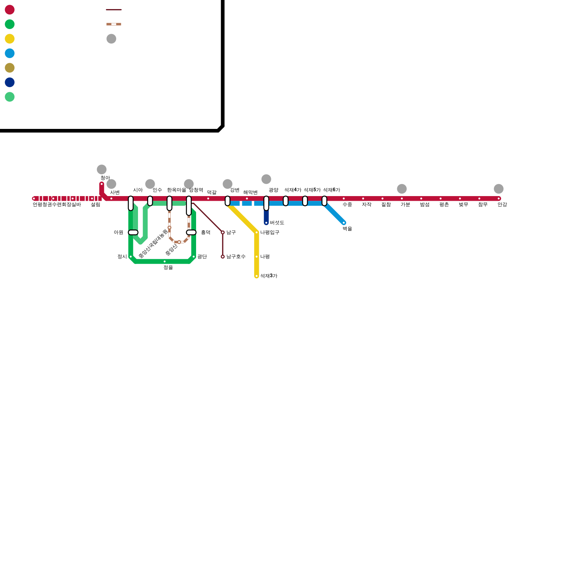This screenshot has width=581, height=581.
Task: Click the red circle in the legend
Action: click(x=10, y=10)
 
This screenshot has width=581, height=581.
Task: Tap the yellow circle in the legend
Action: click(x=10, y=39)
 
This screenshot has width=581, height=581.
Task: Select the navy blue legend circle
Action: click(x=10, y=82)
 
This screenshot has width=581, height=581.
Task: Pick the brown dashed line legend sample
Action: click(x=114, y=24)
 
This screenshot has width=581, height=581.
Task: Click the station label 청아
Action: click(x=105, y=178)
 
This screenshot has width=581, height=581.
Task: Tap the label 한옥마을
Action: click(x=176, y=190)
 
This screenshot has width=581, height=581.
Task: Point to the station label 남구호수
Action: click(x=236, y=257)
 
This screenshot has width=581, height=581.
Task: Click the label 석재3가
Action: click(x=269, y=276)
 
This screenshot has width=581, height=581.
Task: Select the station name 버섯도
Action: click(x=277, y=223)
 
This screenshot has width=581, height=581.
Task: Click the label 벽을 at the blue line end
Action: click(x=347, y=229)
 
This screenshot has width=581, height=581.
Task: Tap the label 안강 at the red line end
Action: click(x=502, y=205)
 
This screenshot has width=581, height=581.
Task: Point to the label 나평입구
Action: click(x=270, y=232)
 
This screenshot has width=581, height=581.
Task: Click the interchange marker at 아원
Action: click(x=133, y=232)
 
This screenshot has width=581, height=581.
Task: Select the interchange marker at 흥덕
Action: click(x=191, y=232)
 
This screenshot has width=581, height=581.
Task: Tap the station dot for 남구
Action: click(x=223, y=232)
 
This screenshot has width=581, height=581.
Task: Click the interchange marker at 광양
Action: click(x=266, y=203)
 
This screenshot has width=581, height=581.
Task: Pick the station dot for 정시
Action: click(x=131, y=257)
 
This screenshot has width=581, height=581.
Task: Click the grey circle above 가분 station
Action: click(x=402, y=189)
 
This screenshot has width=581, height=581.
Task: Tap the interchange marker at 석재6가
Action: click(x=324, y=201)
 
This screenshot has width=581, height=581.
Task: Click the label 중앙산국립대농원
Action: click(x=153, y=244)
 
